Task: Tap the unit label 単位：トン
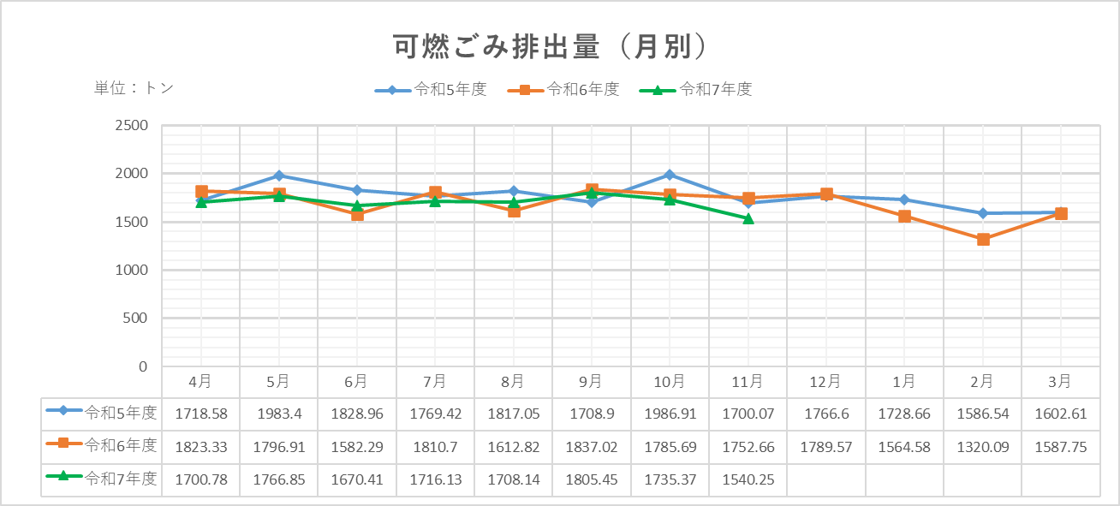click(x=134, y=88)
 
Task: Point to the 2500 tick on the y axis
click(x=131, y=126)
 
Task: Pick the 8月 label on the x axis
click(x=513, y=381)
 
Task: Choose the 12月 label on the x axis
click(x=825, y=381)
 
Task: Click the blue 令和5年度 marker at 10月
click(x=670, y=175)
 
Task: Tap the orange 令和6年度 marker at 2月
click(x=983, y=240)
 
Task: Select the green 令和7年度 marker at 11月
click(x=748, y=218)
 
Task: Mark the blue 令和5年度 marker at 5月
click(x=278, y=176)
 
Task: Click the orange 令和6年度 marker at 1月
click(x=904, y=216)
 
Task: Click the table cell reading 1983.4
click(x=278, y=414)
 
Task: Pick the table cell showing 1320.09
click(x=982, y=447)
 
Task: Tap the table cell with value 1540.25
click(x=748, y=479)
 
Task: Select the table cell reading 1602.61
click(x=1060, y=414)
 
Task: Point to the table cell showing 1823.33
click(x=201, y=447)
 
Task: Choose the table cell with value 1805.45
click(x=591, y=479)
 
